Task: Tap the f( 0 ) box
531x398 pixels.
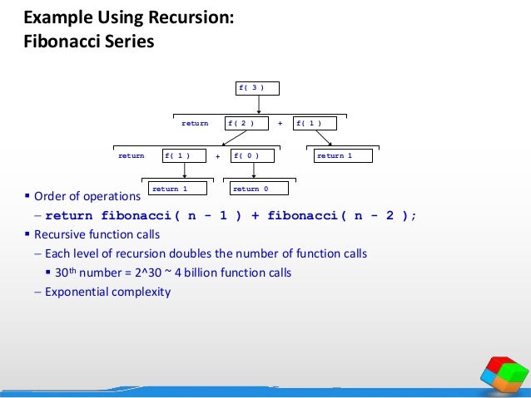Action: pos(253,155)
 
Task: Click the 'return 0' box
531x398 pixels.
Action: pos(259,189)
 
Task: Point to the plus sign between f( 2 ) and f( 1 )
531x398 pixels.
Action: pos(280,123)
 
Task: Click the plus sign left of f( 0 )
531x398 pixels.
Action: pos(217,155)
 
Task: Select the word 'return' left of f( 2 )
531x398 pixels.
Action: pos(195,123)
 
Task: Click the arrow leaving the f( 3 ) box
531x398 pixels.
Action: pos(259,105)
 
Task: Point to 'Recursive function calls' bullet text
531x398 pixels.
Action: pos(97,233)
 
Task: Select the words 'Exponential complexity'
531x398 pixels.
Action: pos(107,291)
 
